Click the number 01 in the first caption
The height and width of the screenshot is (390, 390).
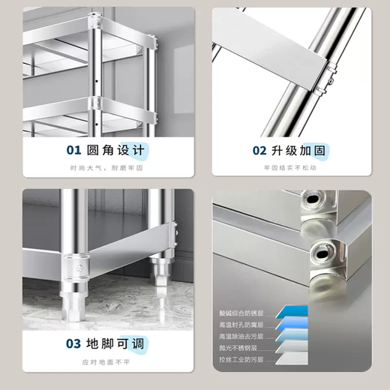[x=75, y=150]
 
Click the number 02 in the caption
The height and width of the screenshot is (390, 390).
[x=259, y=150]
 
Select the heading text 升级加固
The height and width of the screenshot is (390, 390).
[x=299, y=150]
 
